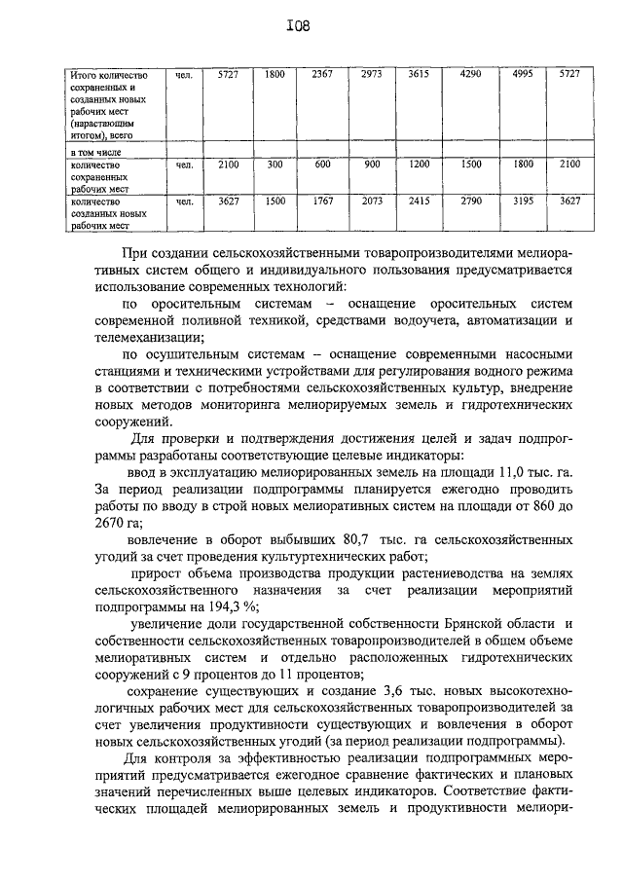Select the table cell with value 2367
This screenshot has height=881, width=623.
click(324, 74)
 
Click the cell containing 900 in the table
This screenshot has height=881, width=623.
click(372, 165)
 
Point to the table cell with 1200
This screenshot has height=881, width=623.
click(420, 165)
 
